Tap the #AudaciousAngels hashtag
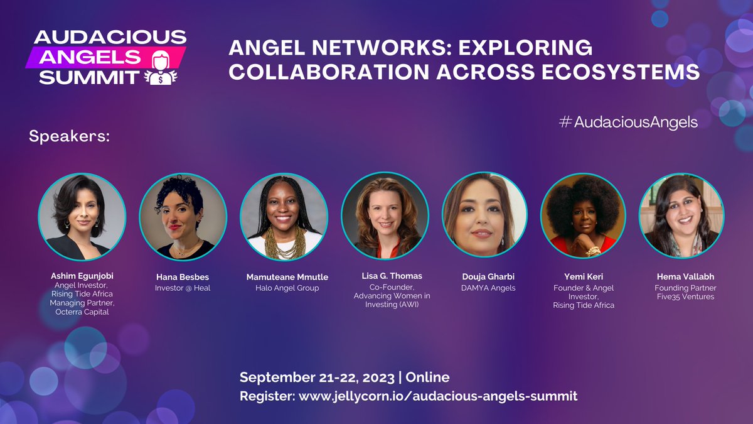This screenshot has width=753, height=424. pyautogui.click(x=627, y=122)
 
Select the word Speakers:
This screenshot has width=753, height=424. pyautogui.click(x=69, y=136)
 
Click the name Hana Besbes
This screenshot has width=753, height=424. pyautogui.click(x=183, y=277)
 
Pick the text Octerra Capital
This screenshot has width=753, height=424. pyautogui.click(x=82, y=312)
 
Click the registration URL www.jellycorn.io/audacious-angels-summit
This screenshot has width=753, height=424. pyautogui.click(x=438, y=396)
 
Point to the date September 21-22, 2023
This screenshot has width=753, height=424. pyautogui.click(x=317, y=378)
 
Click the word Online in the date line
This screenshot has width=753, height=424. pyautogui.click(x=428, y=378)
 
